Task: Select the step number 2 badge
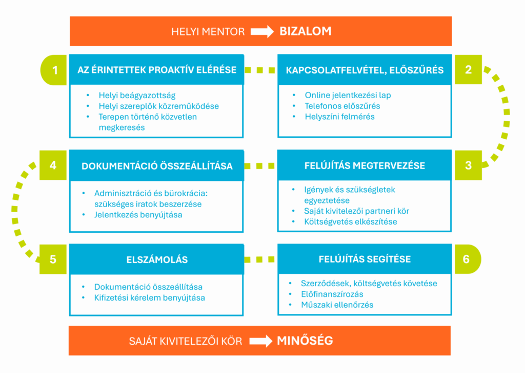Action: tap(468, 70)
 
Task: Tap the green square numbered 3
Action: tap(468, 165)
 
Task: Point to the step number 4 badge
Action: tap(53, 165)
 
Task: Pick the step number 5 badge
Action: tap(53, 259)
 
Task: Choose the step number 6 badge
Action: tap(466, 259)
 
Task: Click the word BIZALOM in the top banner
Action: tap(305, 31)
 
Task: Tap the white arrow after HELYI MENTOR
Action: tap(262, 32)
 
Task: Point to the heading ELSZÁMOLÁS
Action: tap(157, 259)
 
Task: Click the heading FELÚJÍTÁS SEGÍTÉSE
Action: tap(365, 259)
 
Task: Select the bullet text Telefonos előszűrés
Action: tap(342, 106)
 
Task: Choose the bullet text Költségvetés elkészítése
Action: tap(351, 222)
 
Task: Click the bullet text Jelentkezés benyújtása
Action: tap(138, 215)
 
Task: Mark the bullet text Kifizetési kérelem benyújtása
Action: tap(149, 298)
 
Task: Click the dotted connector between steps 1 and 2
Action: tap(260, 70)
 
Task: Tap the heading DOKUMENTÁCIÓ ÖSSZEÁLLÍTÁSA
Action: tap(157, 166)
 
